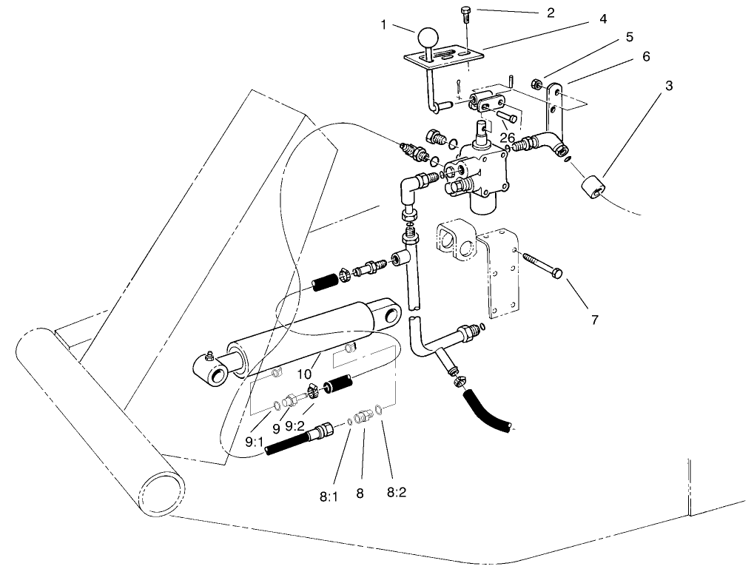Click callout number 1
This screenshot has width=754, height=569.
[x=384, y=24]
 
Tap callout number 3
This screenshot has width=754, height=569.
[x=669, y=86]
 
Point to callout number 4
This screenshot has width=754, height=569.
[x=604, y=18]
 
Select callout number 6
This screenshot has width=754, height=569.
[x=646, y=55]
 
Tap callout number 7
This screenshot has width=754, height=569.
[x=593, y=320]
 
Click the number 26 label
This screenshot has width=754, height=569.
[x=507, y=138]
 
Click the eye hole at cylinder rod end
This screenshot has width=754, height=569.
[x=218, y=377]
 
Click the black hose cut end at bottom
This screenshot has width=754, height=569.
[x=508, y=425]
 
